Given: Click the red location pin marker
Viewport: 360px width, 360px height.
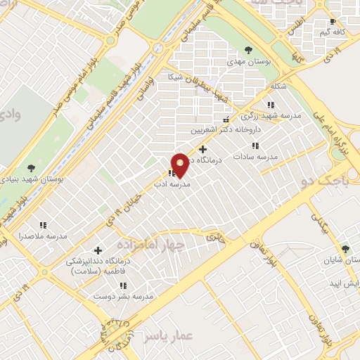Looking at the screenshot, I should point(180,165).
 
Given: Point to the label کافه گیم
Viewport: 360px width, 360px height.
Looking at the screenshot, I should point(333,32).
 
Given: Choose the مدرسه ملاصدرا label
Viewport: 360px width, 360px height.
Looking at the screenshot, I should point(42,237).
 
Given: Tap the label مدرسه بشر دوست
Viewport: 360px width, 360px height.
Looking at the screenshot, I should point(124,297).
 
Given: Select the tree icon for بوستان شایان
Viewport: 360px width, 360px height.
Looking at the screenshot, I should point(345,249).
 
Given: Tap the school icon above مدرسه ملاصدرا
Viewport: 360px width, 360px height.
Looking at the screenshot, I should point(43,226).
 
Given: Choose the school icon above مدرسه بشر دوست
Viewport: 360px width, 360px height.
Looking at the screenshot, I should point(124,286).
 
